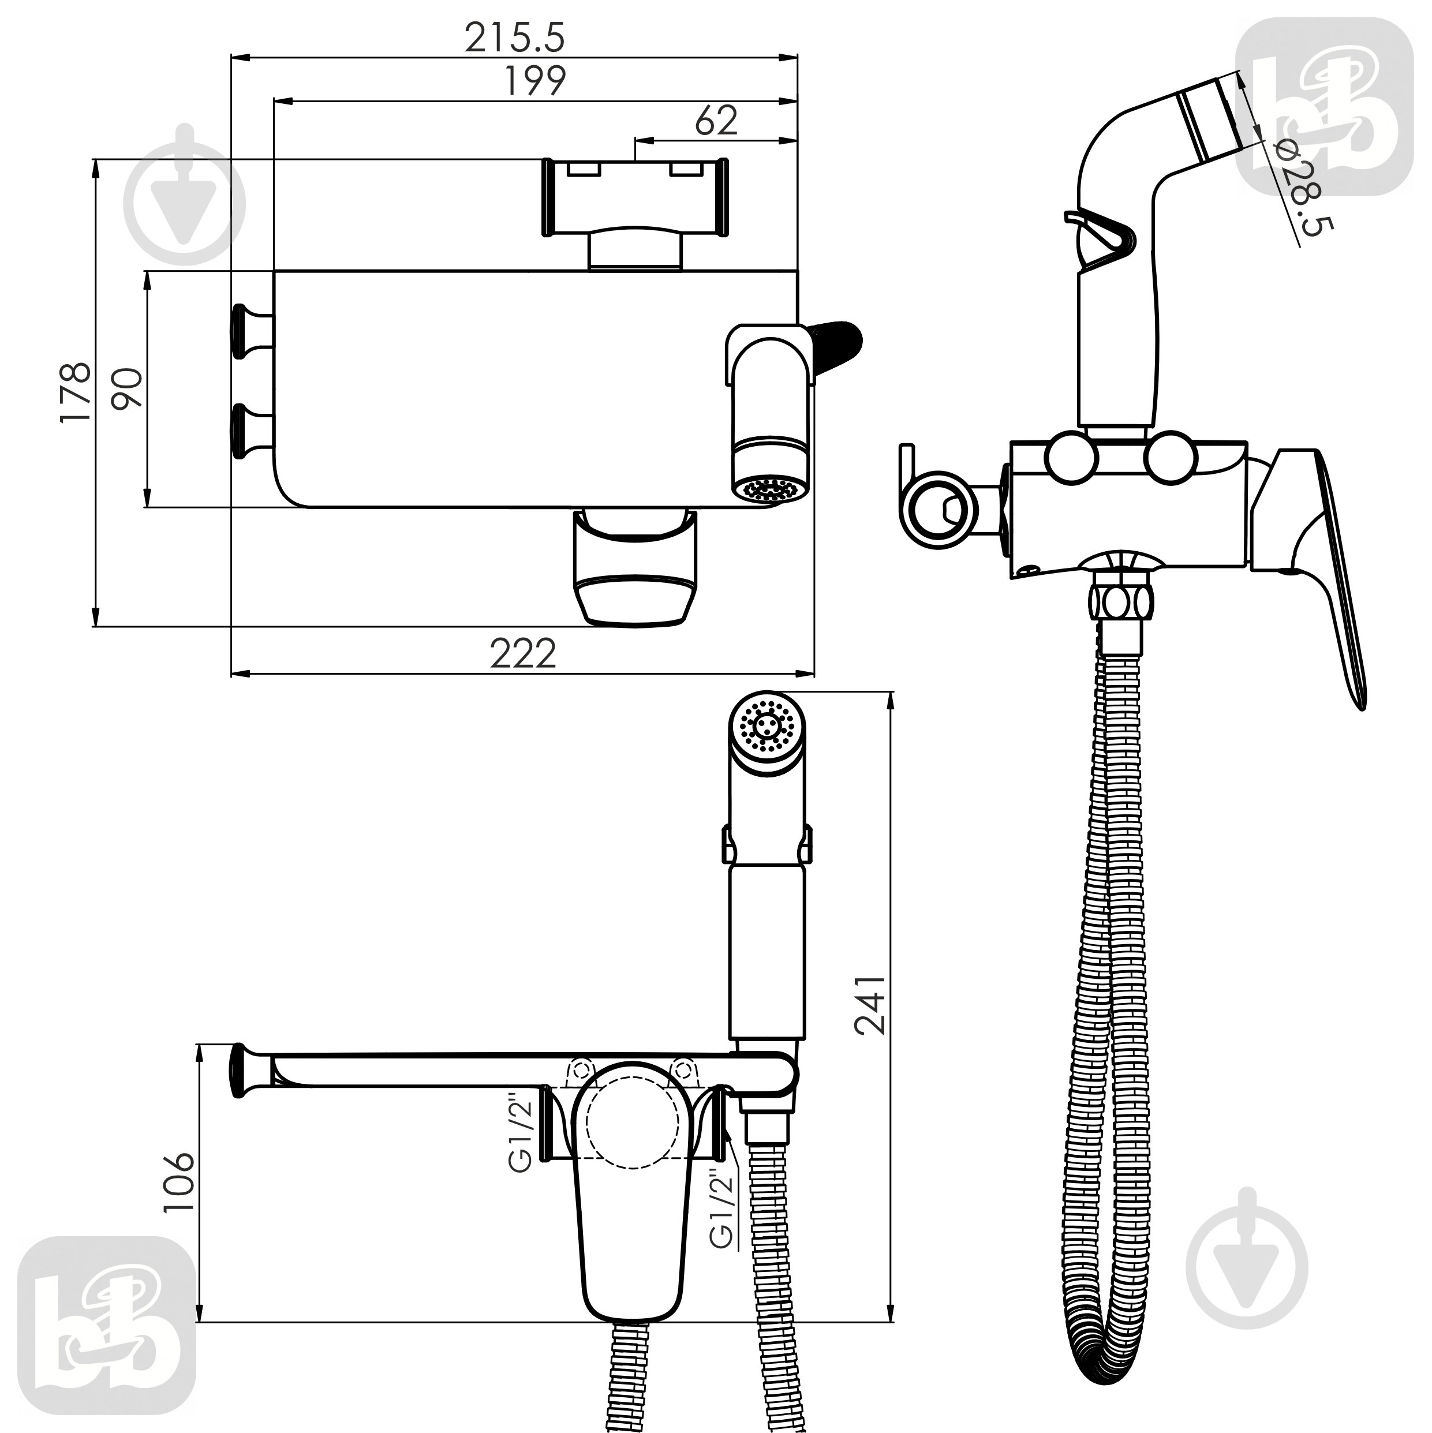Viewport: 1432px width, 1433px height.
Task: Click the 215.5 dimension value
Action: (x=514, y=37)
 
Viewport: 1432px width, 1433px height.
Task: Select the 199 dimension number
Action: (x=535, y=81)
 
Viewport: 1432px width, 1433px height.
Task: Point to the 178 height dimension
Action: (x=76, y=392)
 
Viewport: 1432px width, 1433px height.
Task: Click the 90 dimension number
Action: (x=127, y=388)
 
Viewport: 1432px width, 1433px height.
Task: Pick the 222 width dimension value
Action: (x=522, y=653)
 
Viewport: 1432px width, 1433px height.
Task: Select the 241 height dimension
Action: (x=870, y=1004)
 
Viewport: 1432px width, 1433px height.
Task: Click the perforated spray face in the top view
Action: (x=769, y=489)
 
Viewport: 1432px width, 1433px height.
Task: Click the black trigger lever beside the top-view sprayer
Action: (x=839, y=348)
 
